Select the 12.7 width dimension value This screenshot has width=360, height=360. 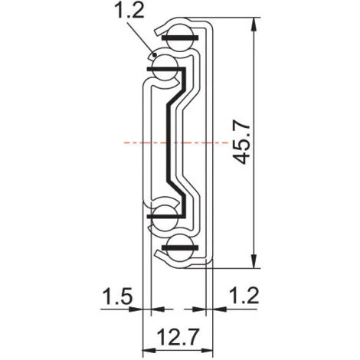point(176,335)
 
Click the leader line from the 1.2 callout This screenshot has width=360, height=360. point(142,38)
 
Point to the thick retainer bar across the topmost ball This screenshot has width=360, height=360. point(180,36)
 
